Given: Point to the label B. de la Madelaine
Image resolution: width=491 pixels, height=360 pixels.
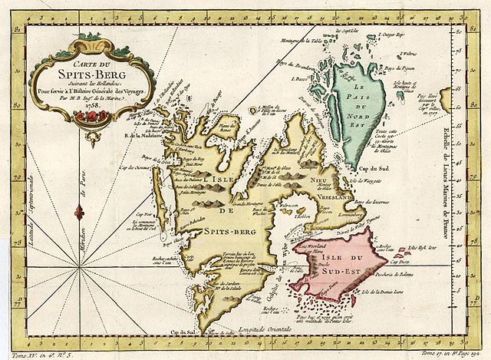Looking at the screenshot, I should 125,134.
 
